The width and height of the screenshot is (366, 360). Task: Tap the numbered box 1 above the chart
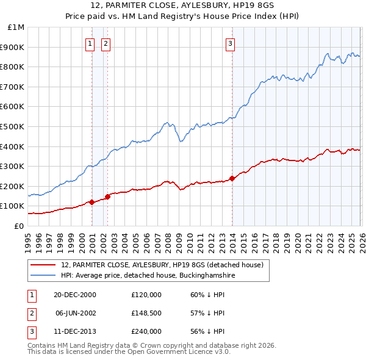click(x=90, y=43)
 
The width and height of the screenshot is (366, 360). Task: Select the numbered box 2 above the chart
click(x=106, y=43)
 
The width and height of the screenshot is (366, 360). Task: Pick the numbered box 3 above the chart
click(x=230, y=43)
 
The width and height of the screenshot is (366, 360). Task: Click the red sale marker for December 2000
click(x=91, y=202)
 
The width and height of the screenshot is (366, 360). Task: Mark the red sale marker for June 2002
click(x=107, y=196)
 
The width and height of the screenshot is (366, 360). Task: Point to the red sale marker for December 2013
click(x=232, y=178)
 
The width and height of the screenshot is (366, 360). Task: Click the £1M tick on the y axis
click(x=16, y=27)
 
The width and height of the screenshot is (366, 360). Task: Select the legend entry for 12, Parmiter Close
click(x=162, y=265)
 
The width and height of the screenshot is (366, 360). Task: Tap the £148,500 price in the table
click(x=146, y=313)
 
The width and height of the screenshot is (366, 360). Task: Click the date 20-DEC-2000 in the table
click(x=75, y=295)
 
